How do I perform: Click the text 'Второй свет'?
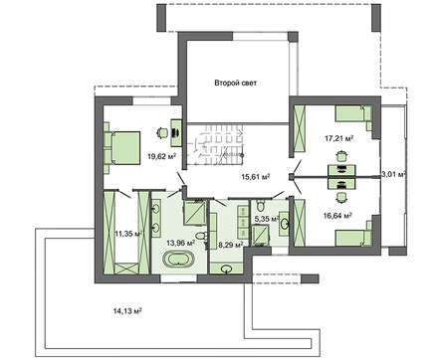point(235,83)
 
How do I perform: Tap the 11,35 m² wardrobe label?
point(127,235)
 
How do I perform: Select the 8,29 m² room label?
point(230,243)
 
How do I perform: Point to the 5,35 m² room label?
point(266,220)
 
